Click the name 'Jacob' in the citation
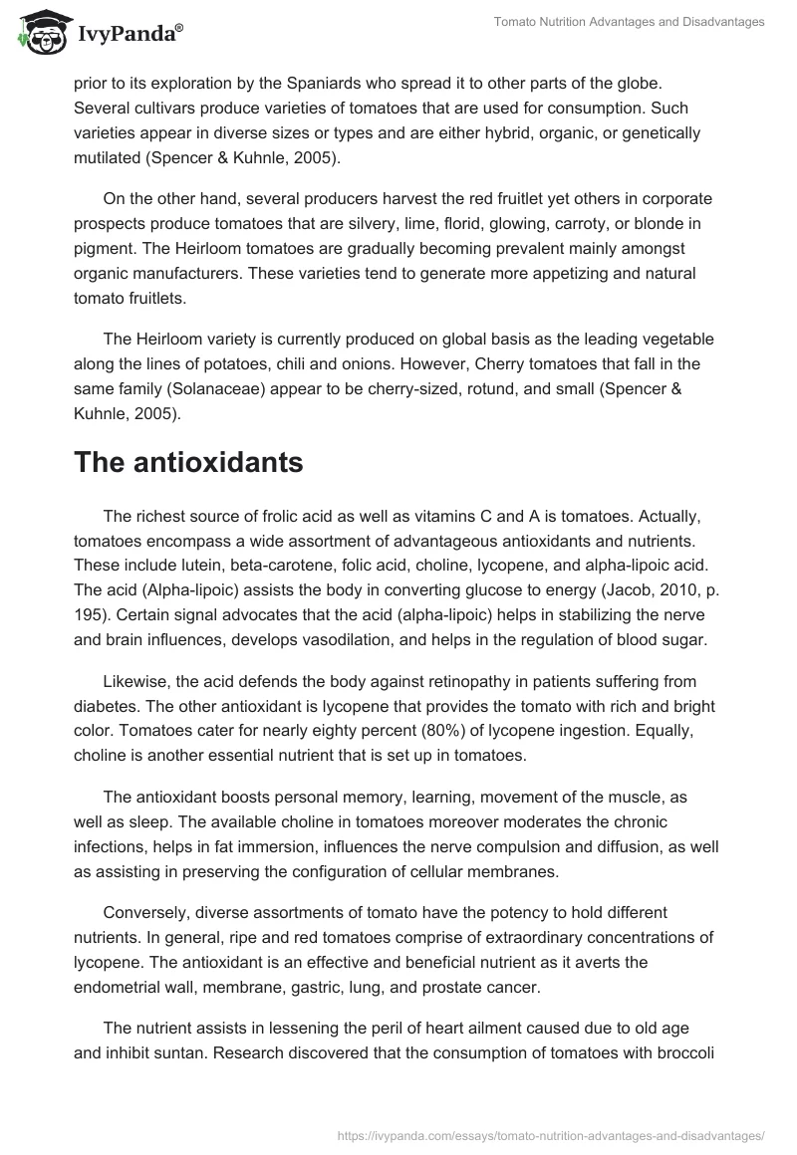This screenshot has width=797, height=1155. click(626, 587)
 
